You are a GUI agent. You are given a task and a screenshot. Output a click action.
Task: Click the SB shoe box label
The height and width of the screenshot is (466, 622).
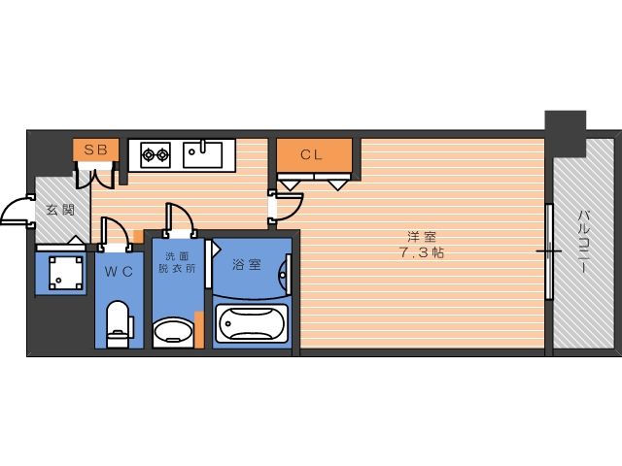pyautogui.click(x=95, y=150)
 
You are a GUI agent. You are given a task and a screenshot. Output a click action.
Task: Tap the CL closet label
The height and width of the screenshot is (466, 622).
pyautogui.click(x=311, y=154)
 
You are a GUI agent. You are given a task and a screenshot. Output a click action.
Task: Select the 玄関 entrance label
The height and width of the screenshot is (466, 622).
pyautogui.click(x=60, y=210)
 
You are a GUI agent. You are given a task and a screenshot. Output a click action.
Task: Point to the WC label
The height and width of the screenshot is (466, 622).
pyautogui.click(x=119, y=272)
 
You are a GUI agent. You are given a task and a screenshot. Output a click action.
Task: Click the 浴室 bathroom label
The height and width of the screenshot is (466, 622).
pyautogui.click(x=246, y=264)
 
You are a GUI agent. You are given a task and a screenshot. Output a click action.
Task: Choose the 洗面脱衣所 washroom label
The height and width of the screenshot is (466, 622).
pyautogui.click(x=177, y=262)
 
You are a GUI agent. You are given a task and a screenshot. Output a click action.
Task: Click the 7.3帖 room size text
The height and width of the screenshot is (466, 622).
pyautogui.click(x=421, y=252)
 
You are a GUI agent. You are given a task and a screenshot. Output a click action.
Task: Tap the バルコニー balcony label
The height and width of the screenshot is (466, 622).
pyautogui.click(x=583, y=242)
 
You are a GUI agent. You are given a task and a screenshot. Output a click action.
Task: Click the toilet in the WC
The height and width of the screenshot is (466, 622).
pyautogui.click(x=119, y=324)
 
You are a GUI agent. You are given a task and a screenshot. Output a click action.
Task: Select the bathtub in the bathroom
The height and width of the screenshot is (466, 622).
pyautogui.click(x=251, y=323)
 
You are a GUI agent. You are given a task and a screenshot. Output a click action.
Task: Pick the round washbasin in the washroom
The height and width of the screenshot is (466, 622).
pyautogui.click(x=173, y=332)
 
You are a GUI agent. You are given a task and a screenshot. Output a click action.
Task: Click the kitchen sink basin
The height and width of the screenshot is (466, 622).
pyautogui.click(x=202, y=155)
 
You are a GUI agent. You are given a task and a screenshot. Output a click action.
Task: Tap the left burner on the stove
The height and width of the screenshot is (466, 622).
pyautogui.click(x=149, y=154)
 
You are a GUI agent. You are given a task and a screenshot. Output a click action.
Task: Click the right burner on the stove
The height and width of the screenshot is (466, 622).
pyautogui.click(x=162, y=154)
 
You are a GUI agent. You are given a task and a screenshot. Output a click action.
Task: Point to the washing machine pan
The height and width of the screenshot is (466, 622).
pyautogui.click(x=66, y=273)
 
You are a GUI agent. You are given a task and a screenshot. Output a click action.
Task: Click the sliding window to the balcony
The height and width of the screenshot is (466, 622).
pyautogui.click(x=549, y=251)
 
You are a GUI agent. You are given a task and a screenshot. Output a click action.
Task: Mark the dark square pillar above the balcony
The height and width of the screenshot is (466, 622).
pyautogui.click(x=566, y=134)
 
